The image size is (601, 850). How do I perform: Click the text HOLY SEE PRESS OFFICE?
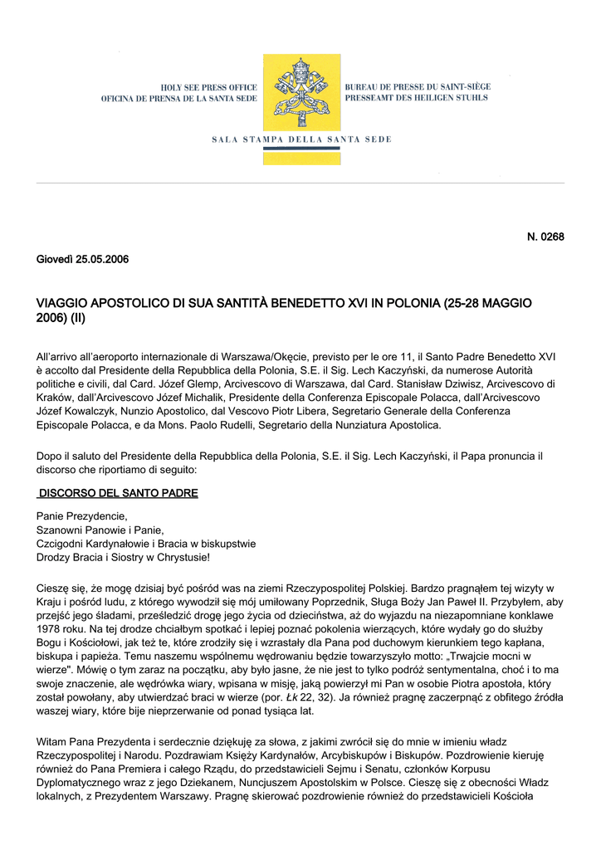[209, 87]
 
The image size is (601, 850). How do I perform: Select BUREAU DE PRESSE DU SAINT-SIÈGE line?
[418, 87]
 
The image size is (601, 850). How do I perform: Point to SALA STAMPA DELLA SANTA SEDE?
[300, 139]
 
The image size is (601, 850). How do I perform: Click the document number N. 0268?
[545, 237]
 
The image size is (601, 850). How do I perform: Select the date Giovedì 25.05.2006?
[82, 259]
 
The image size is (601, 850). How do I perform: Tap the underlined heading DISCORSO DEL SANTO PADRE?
[119, 493]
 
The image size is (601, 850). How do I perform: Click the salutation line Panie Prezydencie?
[81, 516]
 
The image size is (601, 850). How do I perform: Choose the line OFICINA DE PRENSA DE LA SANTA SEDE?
[178, 99]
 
